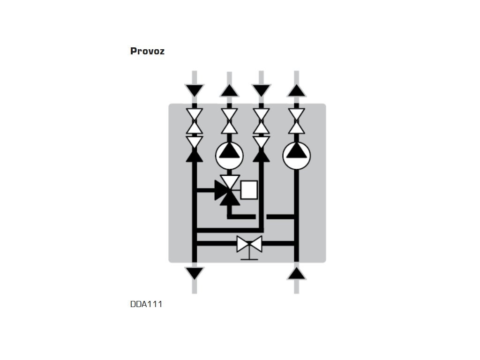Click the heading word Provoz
pos(147,51)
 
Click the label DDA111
pos(146,304)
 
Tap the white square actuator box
pos(249,190)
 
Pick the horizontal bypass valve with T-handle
pos(249,244)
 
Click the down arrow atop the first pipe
pos(195,90)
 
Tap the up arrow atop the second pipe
pos(229,90)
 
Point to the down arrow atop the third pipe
pos(261,90)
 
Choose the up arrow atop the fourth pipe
pos(297,90)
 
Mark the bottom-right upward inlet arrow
pos(297,273)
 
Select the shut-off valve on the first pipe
pos(195,121)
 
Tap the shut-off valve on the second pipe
pos(229,121)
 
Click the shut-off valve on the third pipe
pos(261,121)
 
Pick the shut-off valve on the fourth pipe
pos(297,121)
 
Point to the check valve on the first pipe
pos(195,149)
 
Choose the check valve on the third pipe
pos(261,149)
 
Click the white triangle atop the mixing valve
pos(230,181)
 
